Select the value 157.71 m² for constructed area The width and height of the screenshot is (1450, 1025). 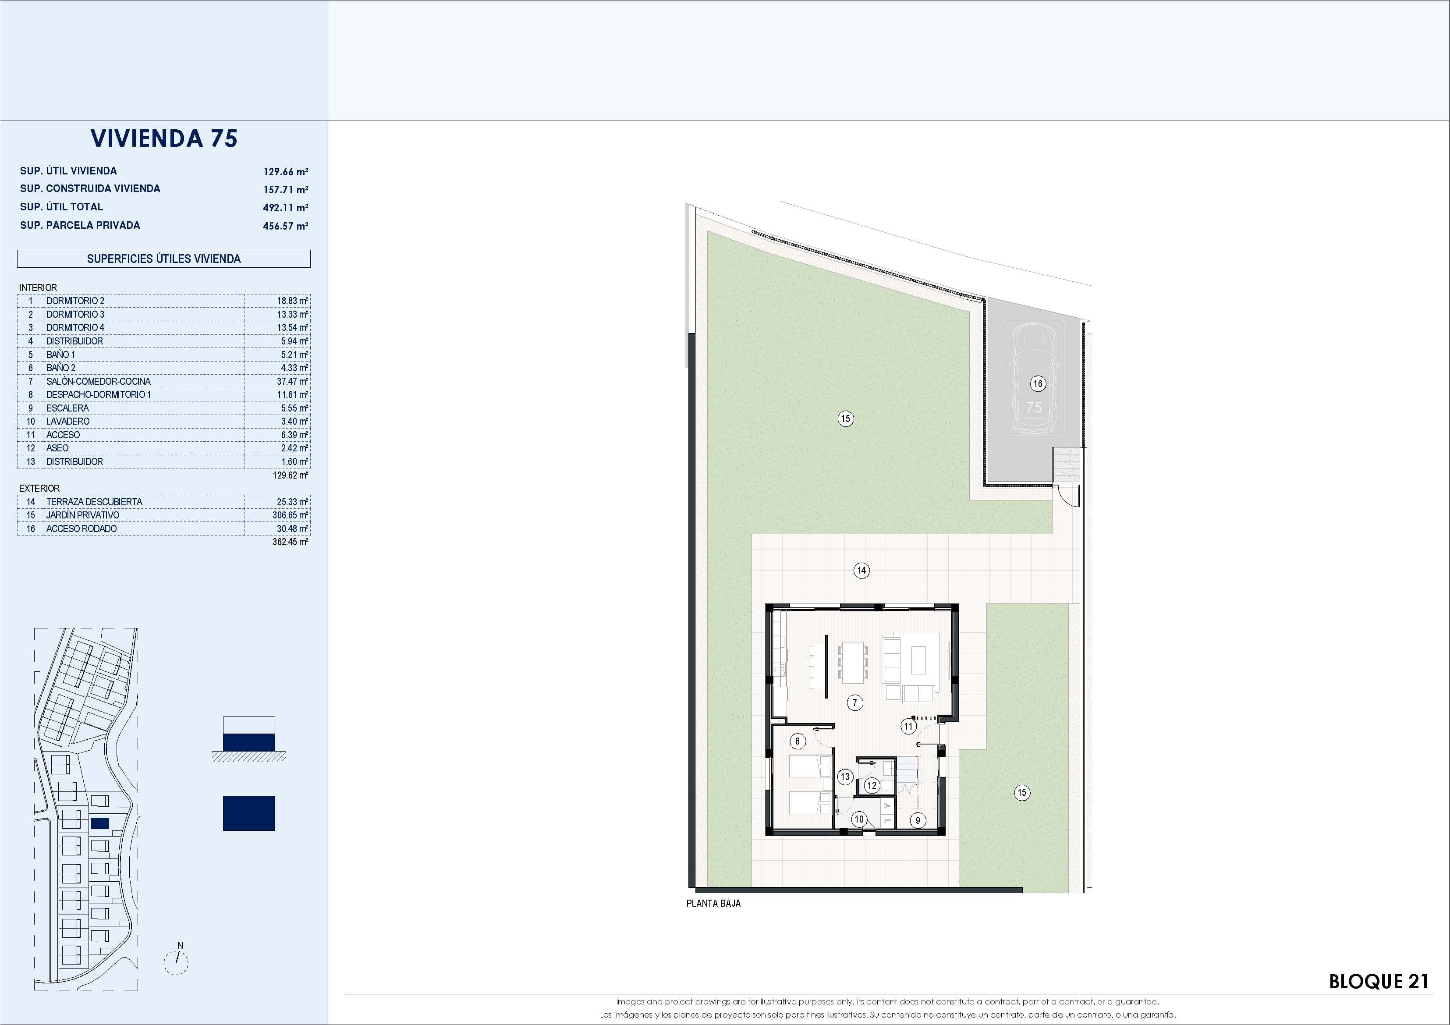point(285,189)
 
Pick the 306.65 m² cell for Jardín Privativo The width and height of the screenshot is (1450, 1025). point(290,515)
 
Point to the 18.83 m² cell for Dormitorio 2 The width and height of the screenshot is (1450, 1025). point(292,301)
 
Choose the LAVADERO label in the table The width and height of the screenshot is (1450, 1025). point(67,421)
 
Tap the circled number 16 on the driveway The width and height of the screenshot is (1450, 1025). point(1038,383)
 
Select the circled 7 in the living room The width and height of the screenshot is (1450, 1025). point(854,702)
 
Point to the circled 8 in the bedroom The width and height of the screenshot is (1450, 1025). point(798,741)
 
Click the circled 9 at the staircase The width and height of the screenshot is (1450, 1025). point(918,820)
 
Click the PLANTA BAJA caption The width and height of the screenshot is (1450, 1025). point(713,904)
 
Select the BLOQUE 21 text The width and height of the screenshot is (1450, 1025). point(1379,982)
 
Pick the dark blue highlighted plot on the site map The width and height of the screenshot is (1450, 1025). point(100,823)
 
